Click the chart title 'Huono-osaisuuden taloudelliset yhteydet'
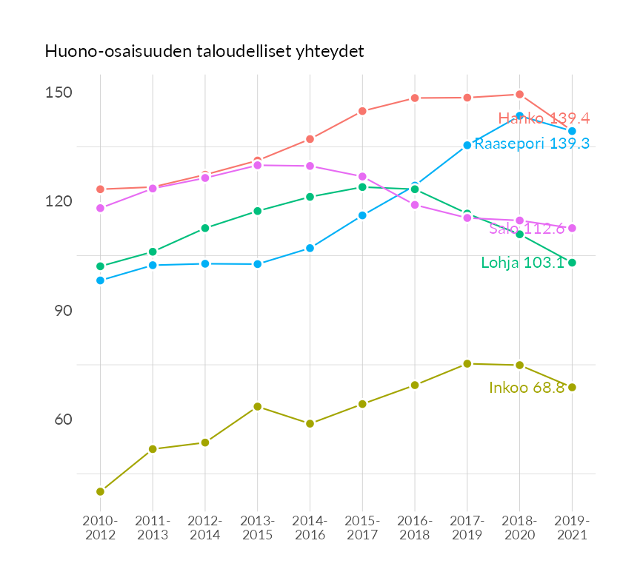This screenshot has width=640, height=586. [204, 52]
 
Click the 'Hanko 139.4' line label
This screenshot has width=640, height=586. [544, 118]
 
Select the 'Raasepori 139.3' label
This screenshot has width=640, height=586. [532, 144]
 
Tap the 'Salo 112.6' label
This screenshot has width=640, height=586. [527, 229]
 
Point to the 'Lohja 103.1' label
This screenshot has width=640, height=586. [523, 263]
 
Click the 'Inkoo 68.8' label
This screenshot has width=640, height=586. [527, 388]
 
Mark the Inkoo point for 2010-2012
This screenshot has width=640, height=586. [100, 491]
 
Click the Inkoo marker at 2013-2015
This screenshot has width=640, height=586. [257, 406]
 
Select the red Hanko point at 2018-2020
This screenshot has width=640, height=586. [519, 95]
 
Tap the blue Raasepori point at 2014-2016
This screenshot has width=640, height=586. [310, 248]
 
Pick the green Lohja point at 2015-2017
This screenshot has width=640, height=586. [362, 187]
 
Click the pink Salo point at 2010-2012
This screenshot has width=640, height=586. [100, 208]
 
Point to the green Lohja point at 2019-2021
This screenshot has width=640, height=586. [572, 263]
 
